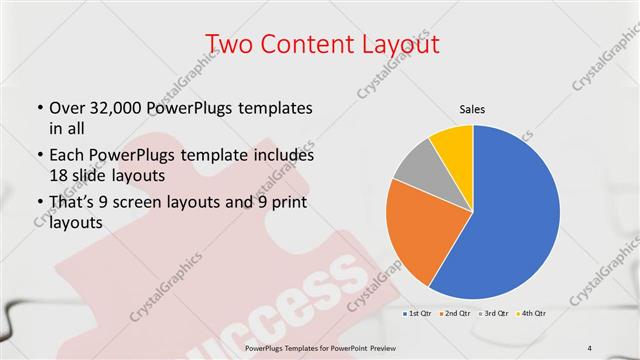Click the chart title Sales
pos(472,109)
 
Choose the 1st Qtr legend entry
pos(418,313)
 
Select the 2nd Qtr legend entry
pos(457,313)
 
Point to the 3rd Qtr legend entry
pos(495,313)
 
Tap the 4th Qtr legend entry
pos(533,313)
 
